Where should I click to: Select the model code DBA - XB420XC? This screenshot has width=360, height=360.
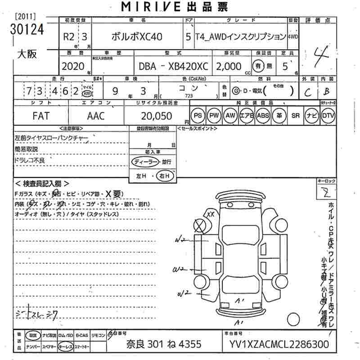click(x=173, y=66)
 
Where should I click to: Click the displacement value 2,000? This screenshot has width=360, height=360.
click(x=229, y=66)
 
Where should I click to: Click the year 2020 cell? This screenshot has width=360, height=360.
click(x=73, y=66)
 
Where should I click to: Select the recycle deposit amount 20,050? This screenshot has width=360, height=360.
click(x=157, y=116)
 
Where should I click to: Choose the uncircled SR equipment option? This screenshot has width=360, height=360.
click(x=295, y=116)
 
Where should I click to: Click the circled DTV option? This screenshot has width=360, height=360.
click(x=328, y=116)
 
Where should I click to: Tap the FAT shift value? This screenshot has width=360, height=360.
click(x=41, y=116)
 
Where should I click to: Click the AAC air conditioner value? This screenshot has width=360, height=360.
click(x=95, y=116)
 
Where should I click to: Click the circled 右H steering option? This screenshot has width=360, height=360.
click(x=165, y=176)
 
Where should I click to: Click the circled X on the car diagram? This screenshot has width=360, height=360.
click(x=198, y=225)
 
